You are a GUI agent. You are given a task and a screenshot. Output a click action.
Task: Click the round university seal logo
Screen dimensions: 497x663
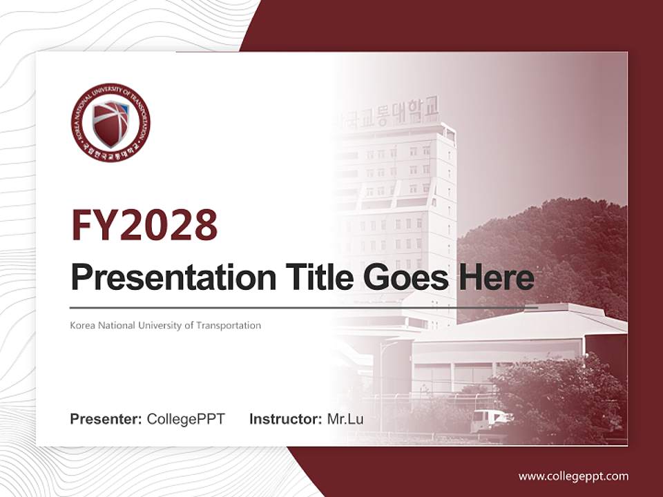point(110,122)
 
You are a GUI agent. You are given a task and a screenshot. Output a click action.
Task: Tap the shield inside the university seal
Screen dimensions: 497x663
point(110,122)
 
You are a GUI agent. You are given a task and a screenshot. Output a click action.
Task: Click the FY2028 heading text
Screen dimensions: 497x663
point(144,225)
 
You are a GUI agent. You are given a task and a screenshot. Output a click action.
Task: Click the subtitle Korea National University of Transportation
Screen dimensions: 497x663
point(166,325)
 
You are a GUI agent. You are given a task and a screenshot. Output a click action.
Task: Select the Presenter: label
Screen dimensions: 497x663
point(106,419)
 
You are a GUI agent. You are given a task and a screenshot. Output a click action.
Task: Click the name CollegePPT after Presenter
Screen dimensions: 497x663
point(186,419)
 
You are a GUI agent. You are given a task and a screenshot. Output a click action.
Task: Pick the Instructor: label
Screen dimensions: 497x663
point(286,419)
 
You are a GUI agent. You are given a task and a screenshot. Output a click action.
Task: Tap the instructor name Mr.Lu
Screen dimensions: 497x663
point(345,419)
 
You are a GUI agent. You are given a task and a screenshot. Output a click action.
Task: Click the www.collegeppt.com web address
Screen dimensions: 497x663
point(573,476)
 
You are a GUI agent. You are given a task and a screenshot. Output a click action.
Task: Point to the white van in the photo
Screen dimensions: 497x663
point(489,419)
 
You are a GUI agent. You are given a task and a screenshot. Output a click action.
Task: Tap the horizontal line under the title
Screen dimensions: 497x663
point(304,307)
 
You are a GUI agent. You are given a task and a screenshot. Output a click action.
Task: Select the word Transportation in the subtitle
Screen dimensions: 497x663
point(231,325)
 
